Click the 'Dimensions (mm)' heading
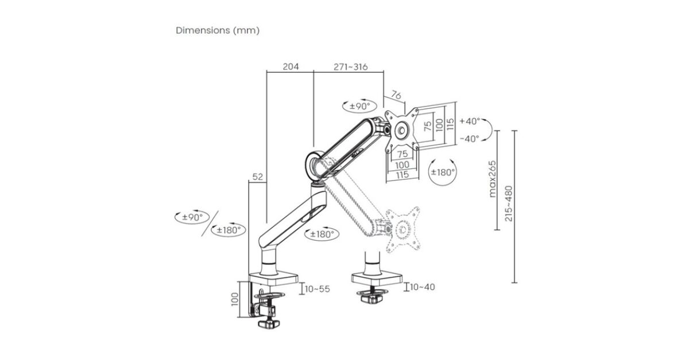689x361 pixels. [218, 30]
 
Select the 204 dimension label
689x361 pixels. [291, 66]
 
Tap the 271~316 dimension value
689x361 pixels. [351, 66]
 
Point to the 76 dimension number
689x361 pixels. [396, 95]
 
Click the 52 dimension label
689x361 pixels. [258, 177]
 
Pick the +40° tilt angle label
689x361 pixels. [470, 121]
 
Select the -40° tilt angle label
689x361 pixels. [470, 139]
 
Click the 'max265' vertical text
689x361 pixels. [493, 179]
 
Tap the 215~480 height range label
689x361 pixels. [509, 203]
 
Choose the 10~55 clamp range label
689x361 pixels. [317, 289]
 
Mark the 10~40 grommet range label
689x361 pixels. [423, 287]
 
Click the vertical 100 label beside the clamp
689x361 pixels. [235, 299]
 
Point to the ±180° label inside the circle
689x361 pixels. [443, 172]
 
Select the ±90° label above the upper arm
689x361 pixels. [359, 107]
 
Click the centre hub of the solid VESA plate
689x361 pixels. [402, 131]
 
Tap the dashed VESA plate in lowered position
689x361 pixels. [402, 229]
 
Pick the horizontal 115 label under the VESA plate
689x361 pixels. [402, 175]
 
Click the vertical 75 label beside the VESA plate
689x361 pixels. [428, 126]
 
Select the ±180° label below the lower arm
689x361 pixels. [322, 234]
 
